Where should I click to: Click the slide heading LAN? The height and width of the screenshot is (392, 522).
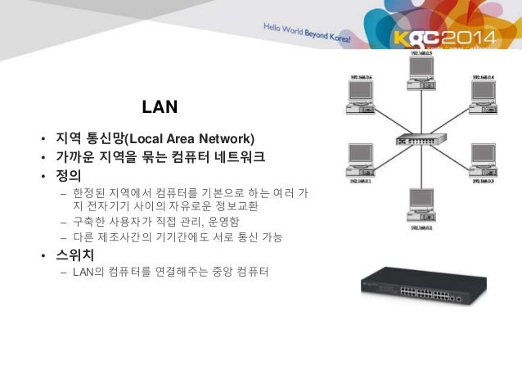click(x=160, y=107)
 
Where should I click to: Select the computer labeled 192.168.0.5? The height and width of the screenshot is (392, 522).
click(x=419, y=71)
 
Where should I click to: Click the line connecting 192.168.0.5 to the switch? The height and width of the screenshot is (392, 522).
click(x=419, y=110)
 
